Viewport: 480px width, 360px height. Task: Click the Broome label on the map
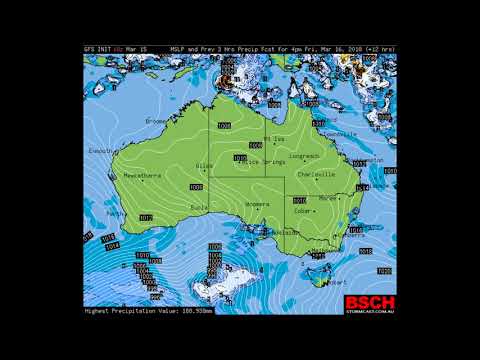[x=156, y=121]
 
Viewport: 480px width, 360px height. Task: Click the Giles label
[x=205, y=166]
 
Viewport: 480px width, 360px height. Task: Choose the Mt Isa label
[x=273, y=138]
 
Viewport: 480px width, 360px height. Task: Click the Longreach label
[x=306, y=157]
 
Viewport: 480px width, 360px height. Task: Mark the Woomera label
[x=257, y=205]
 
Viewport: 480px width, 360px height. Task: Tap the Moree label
[x=328, y=198]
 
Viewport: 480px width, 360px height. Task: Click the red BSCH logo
[x=370, y=303]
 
